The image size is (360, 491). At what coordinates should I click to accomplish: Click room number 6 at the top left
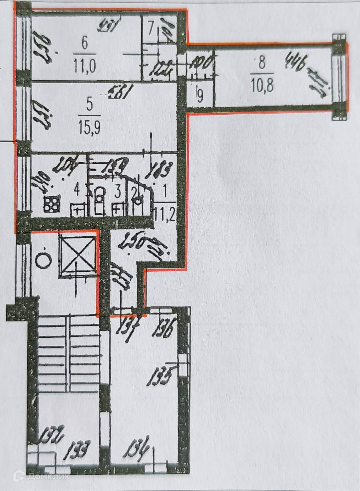[x=85, y=44]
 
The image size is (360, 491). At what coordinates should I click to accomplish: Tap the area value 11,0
[x=84, y=65]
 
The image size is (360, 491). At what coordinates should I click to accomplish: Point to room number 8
[x=262, y=63]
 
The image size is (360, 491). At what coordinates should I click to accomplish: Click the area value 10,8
[x=262, y=85]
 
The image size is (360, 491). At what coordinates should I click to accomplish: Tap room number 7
[x=151, y=26]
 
